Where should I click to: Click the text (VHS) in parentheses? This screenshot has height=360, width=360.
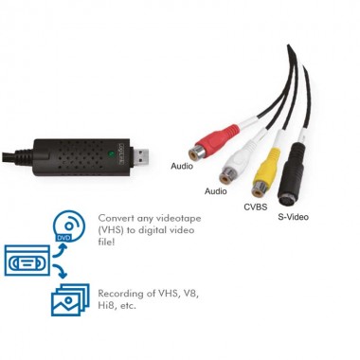tap(113, 228)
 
